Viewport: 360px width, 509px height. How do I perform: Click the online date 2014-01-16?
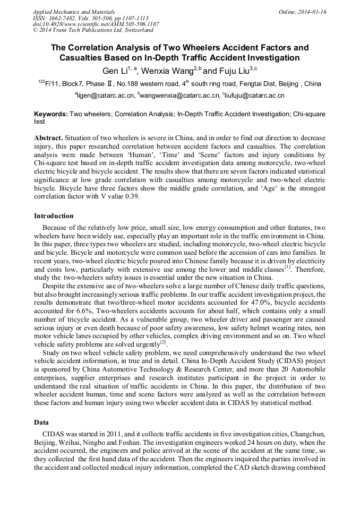pyautogui.click(x=313, y=12)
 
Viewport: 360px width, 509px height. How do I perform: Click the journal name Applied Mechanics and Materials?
pyautogui.click(x=74, y=12)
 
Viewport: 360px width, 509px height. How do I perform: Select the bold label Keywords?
pyautogui.click(x=51, y=114)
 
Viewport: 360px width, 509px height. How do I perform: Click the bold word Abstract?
pyautogui.click(x=48, y=137)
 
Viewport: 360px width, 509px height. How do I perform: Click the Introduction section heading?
pyautogui.click(x=54, y=216)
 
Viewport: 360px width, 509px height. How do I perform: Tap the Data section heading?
pyautogui.click(x=42, y=422)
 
